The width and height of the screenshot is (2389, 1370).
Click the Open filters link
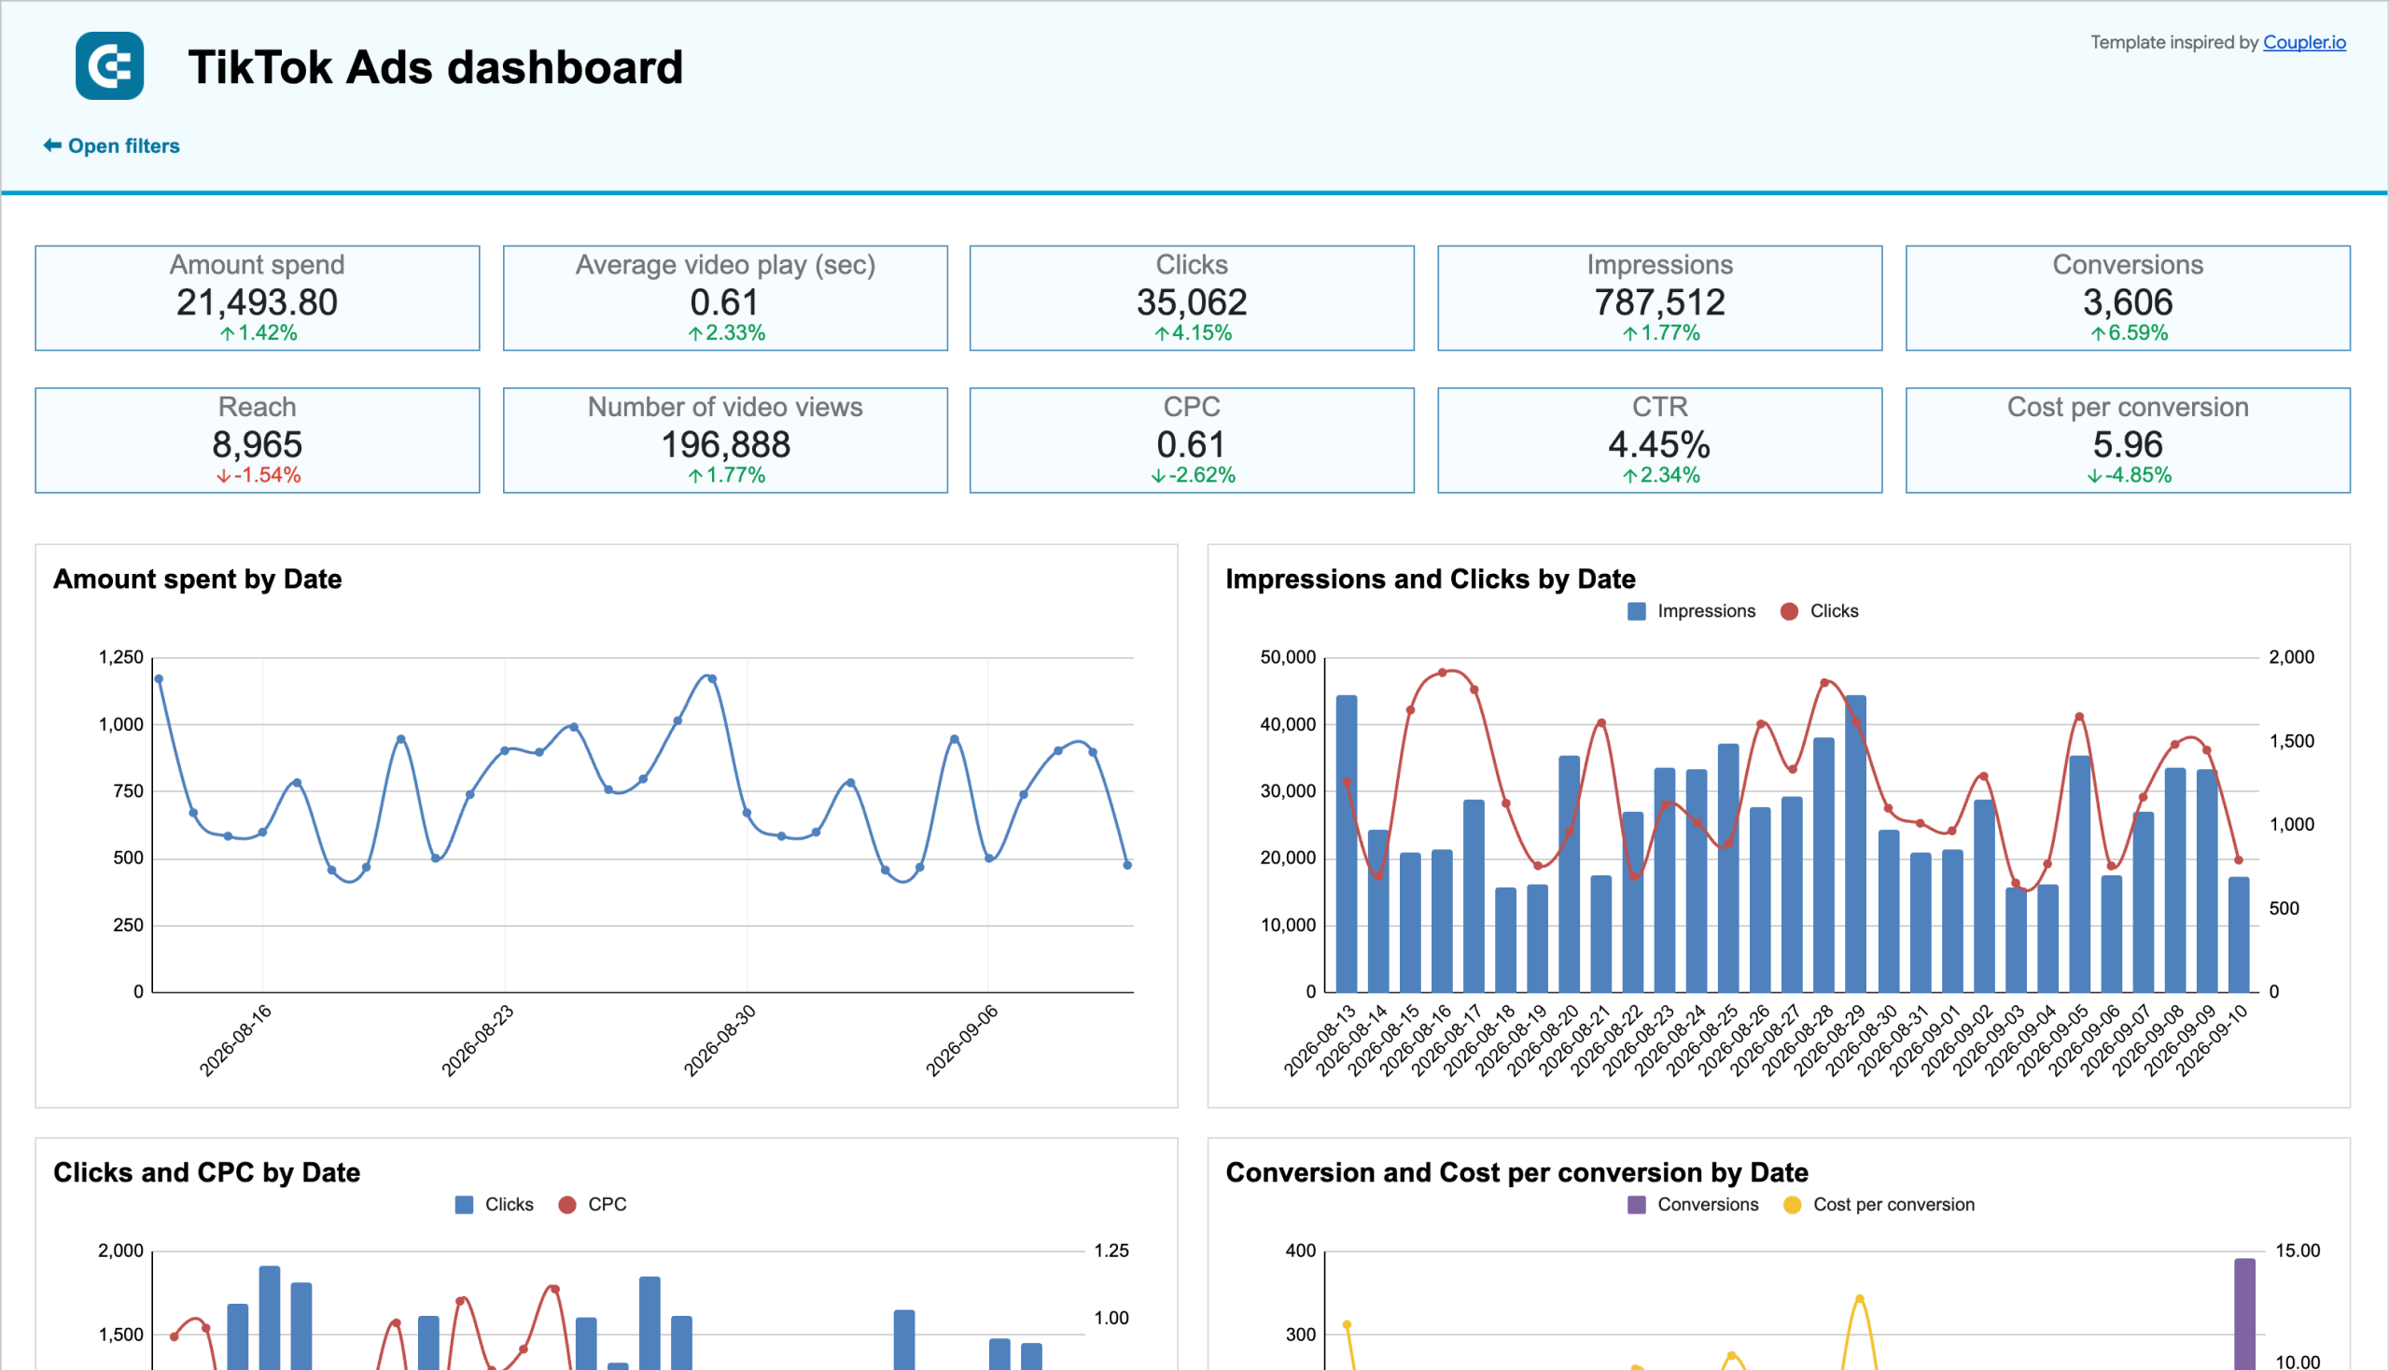pyautogui.click(x=111, y=146)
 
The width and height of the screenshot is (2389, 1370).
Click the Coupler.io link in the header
pyautogui.click(x=2303, y=42)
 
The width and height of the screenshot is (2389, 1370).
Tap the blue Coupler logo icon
pyautogui.click(x=110, y=66)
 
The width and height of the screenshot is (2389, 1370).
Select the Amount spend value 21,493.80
pyautogui.click(x=257, y=302)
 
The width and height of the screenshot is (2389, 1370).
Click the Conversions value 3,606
pyautogui.click(x=2128, y=302)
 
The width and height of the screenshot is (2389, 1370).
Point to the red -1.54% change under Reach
pyautogui.click(x=258, y=475)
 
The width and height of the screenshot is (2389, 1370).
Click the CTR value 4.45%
pyautogui.click(x=1659, y=444)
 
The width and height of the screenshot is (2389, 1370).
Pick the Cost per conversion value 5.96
pyautogui.click(x=2128, y=444)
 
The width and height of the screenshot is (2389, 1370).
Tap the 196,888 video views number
pyautogui.click(x=725, y=444)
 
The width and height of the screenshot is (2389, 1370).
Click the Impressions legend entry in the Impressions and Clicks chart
pyautogui.click(x=1691, y=611)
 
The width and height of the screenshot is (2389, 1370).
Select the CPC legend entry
pyautogui.click(x=592, y=1205)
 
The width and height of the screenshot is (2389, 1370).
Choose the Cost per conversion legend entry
pyautogui.click(x=1879, y=1205)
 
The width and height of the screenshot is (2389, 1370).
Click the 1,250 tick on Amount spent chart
pyautogui.click(x=121, y=657)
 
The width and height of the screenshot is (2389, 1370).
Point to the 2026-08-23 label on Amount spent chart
pyautogui.click(x=477, y=1041)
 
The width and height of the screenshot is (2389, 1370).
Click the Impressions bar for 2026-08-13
pyautogui.click(x=1347, y=843)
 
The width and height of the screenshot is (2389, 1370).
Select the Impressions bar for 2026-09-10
pyautogui.click(x=2239, y=934)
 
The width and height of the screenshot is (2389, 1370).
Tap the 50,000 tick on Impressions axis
pyautogui.click(x=1287, y=657)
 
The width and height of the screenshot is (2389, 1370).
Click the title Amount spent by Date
pyautogui.click(x=198, y=579)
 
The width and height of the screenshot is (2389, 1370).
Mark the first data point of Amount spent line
pyautogui.click(x=158, y=678)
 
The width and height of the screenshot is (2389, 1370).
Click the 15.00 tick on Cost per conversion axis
pyautogui.click(x=2297, y=1251)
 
